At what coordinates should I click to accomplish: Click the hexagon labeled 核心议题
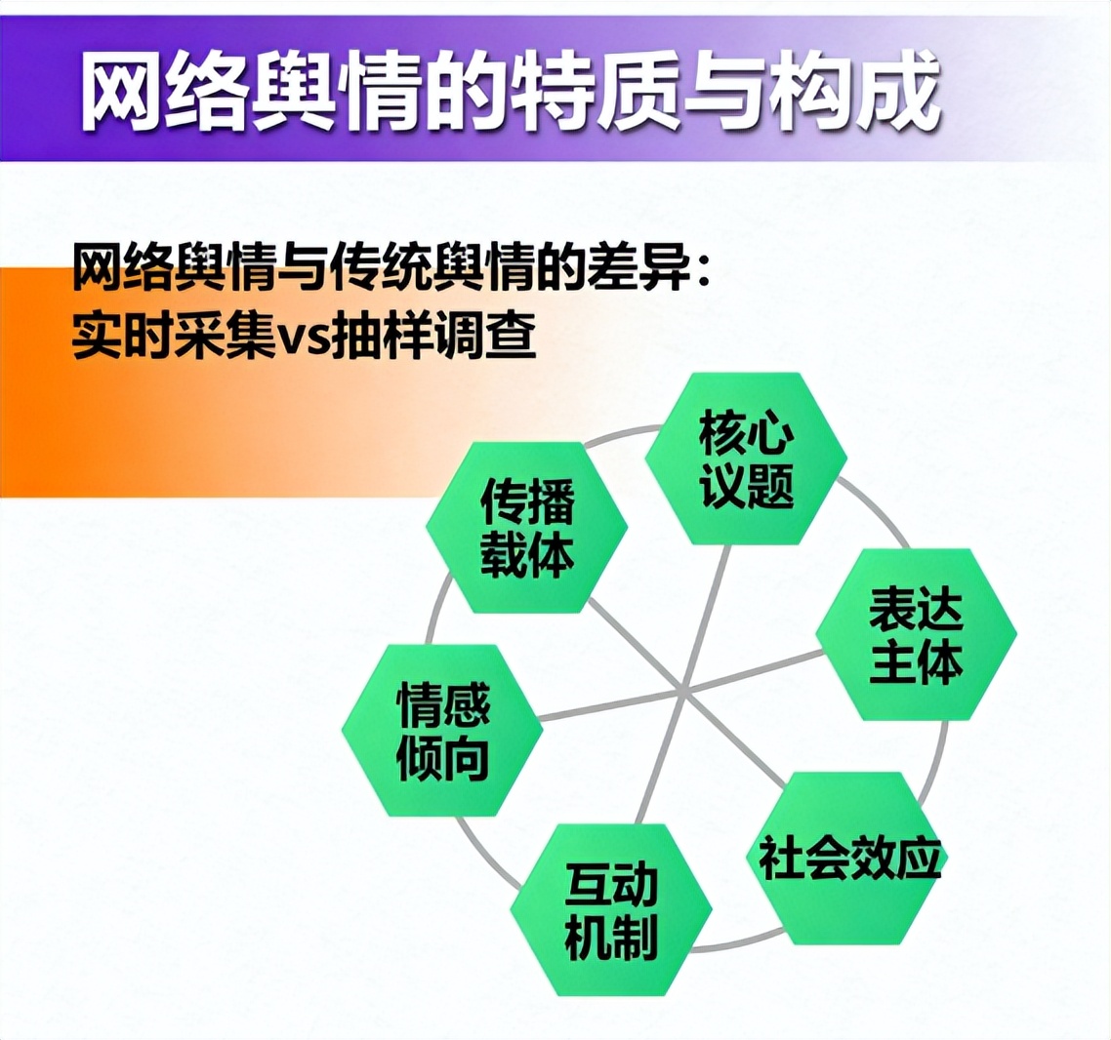pos(746,459)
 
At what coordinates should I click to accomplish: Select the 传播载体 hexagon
pos(527,528)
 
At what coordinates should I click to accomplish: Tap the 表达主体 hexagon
pos(916,634)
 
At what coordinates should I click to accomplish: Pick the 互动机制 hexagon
pos(611,909)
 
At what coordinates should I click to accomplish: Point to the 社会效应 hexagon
pos(848,859)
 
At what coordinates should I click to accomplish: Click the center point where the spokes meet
pos(681,689)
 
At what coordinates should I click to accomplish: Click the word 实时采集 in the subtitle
pos(175,335)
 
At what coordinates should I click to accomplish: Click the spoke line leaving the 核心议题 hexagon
pos(704,617)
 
